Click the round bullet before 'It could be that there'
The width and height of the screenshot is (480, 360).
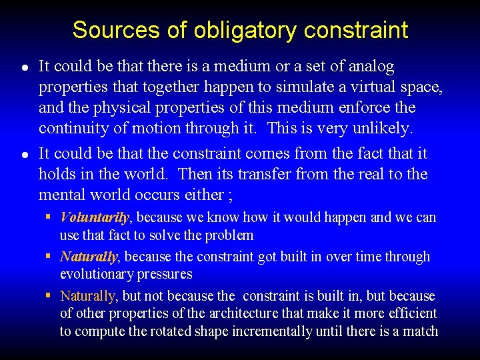coord(24,68)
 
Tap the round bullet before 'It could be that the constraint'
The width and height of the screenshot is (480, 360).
coord(24,155)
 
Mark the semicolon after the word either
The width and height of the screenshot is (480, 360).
coord(230,195)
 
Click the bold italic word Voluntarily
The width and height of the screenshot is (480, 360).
coord(95,217)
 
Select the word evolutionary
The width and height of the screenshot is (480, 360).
coord(93,274)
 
